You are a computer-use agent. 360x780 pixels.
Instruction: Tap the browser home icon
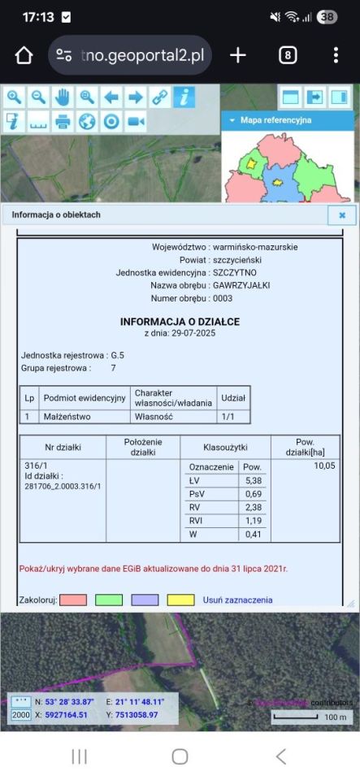coord(24,55)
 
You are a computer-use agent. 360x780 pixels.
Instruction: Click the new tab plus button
coord(237,55)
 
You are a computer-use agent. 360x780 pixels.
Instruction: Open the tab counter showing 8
coord(288,55)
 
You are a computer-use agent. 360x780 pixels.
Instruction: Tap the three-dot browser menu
coord(336,55)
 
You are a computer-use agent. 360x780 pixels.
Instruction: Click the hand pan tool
coord(63,97)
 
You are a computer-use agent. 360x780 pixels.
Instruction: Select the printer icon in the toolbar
coord(63,122)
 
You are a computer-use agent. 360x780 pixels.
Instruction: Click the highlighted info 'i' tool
coord(184,97)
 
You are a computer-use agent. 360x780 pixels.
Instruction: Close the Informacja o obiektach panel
coord(342,215)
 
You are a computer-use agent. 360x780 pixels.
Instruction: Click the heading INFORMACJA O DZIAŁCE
coord(180,322)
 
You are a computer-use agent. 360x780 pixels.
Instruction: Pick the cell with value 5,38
coord(252,481)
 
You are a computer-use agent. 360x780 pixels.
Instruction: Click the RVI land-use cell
coord(200,521)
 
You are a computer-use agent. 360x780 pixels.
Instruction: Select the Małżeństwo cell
coord(67,416)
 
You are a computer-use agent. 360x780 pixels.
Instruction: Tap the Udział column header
coord(234,398)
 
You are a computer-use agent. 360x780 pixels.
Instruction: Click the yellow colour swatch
coord(181,600)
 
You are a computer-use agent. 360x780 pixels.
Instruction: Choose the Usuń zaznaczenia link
coord(237,600)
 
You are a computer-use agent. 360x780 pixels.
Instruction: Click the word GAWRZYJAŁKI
coord(241,285)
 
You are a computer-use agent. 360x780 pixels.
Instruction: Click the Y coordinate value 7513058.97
coord(131,715)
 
